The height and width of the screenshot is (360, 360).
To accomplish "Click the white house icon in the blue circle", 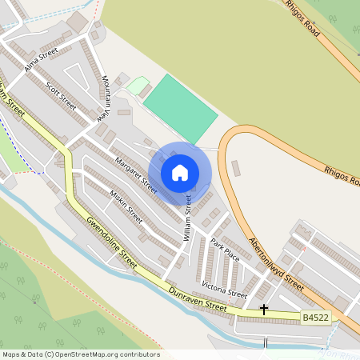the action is pos(180,173).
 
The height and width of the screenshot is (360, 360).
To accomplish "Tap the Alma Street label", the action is pos(42,59).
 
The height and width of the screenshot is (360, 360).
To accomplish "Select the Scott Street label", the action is pos(62,95).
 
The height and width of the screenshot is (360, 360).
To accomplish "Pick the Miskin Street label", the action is pos(126,206).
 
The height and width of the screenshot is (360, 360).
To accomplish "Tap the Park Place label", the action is pos(225,250).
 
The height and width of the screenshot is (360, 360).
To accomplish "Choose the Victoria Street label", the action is pos(224,289).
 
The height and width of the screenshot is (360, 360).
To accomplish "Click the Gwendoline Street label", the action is pos(113,245).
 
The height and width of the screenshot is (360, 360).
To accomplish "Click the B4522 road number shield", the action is pos(315,318).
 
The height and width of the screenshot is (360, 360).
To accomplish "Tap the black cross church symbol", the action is pos(264,310).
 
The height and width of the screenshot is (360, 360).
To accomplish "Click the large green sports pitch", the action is pos(180,108).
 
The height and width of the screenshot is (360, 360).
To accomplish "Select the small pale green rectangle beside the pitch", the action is pos(138,85).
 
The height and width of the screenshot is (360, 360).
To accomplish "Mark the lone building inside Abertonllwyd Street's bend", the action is pos(236,169).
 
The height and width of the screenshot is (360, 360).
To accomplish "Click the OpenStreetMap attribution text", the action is pos(80,354).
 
